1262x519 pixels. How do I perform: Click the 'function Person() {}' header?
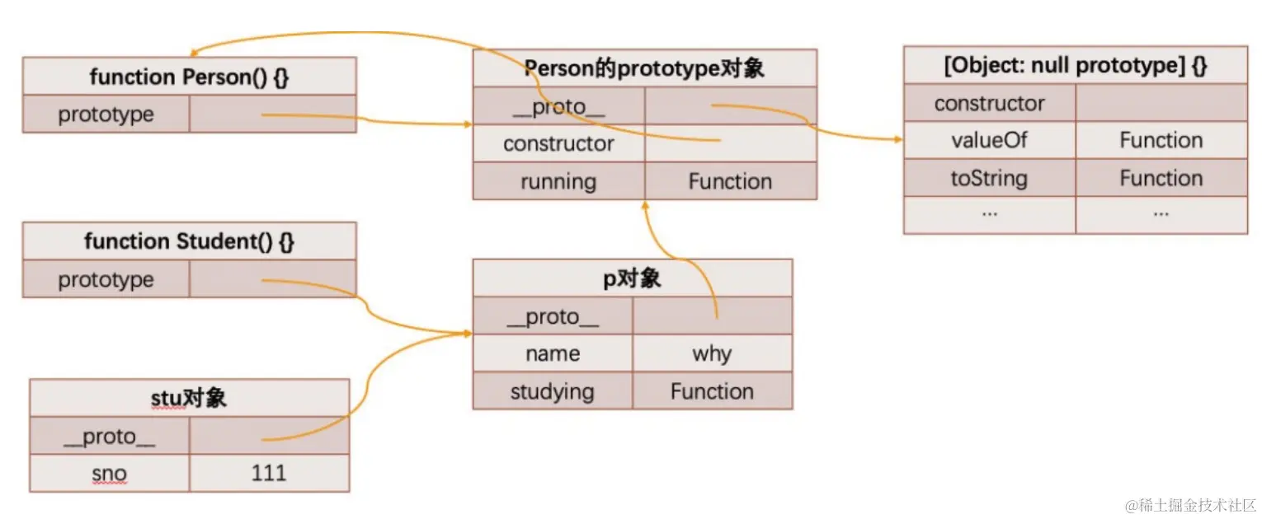pos(189,77)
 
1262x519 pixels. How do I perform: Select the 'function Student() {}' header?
pos(189,241)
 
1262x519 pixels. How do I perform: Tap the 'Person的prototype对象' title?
pos(644,68)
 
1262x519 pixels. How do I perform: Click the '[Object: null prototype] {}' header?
pos(1075,66)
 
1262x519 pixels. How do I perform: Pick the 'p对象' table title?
pos(632,278)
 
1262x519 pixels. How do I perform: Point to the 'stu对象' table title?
pos(190,399)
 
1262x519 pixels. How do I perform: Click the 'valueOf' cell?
pos(989,140)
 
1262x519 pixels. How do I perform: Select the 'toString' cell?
pos(989,178)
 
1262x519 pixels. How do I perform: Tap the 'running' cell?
pos(558,181)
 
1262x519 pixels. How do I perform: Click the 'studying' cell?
pos(552,391)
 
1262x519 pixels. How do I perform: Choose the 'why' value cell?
pos(712,354)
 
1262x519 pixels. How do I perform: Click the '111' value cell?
pos(269,473)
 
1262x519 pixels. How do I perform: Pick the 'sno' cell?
pos(110,473)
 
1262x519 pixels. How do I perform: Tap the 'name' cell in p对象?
pos(552,354)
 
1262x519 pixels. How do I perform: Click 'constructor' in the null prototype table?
pos(989,103)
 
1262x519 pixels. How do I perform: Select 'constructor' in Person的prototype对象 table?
pos(558,143)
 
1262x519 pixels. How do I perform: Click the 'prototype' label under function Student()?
pos(106,279)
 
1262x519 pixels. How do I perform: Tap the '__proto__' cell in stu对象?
pos(110,436)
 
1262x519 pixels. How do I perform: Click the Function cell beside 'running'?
pos(730,181)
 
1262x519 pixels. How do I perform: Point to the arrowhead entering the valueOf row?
pos(899,139)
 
